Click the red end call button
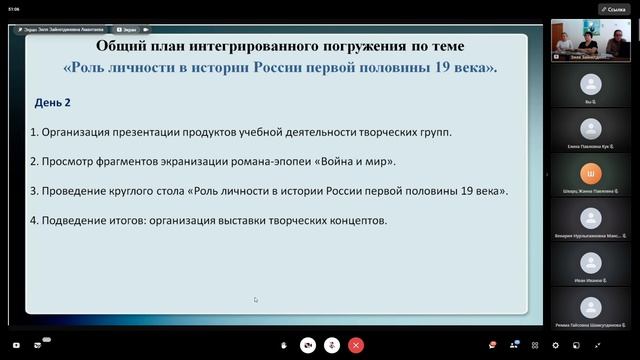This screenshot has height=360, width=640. click(357, 345)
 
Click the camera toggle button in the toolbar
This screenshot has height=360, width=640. click(308, 345)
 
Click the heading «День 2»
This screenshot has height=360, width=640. click(53, 102)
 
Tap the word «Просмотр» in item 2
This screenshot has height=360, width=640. click(65, 161)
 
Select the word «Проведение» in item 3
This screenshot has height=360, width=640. click(72, 190)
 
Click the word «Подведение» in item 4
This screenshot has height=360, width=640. click(72, 220)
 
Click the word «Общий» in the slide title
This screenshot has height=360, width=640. click(118, 46)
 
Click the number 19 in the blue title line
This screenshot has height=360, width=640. click(441, 68)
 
